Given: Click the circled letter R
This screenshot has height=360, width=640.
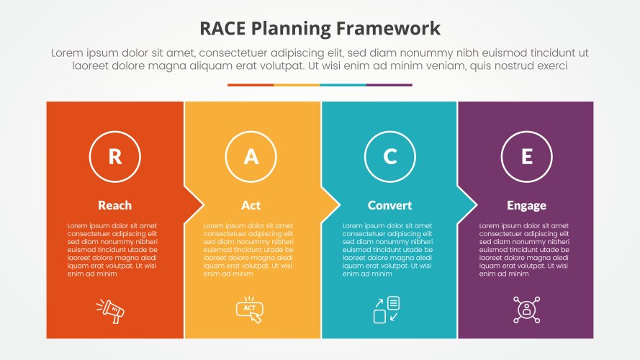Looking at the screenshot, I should (x=114, y=156).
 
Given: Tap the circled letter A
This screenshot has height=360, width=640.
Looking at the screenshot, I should (x=251, y=156).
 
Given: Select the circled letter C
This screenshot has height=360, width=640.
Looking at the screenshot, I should (x=389, y=156).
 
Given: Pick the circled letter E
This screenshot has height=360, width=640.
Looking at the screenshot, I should (x=526, y=156).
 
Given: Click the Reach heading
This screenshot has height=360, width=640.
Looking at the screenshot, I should (x=114, y=205).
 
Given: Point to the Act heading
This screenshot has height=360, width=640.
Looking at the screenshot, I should (x=251, y=205).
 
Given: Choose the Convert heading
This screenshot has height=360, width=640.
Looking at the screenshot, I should (x=389, y=205).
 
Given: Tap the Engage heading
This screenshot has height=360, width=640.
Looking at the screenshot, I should (x=526, y=205).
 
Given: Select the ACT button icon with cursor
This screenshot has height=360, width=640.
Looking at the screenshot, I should (x=250, y=310).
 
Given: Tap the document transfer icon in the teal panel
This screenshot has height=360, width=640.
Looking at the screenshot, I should (x=386, y=310).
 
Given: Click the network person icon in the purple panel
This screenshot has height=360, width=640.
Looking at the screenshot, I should (x=526, y=310).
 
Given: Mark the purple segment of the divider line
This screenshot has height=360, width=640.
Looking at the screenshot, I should (x=389, y=85).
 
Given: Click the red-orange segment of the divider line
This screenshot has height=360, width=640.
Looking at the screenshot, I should (x=251, y=85).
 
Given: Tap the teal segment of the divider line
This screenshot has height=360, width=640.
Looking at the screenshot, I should (x=343, y=85).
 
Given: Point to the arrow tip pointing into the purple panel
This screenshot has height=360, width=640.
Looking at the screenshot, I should (x=474, y=205).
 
